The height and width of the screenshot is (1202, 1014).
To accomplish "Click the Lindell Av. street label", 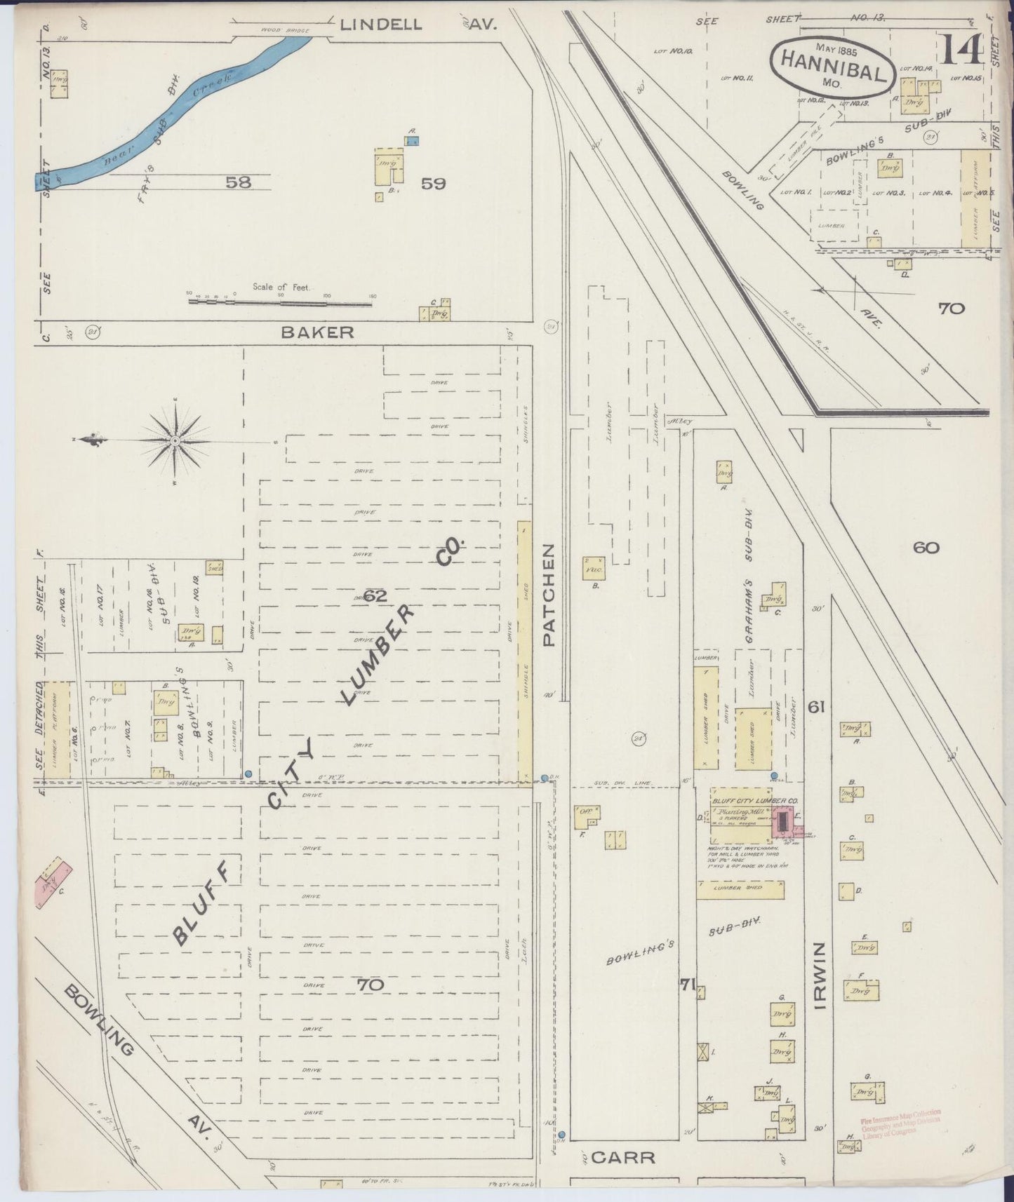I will click(418, 25).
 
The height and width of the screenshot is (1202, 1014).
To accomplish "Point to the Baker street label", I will click(317, 332).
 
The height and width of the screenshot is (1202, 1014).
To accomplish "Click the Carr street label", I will click(623, 1157).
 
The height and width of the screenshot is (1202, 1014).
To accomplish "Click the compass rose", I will click(175, 440).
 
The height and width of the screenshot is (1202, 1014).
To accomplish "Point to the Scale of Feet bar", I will click(281, 302).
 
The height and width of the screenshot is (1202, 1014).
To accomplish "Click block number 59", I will click(433, 184).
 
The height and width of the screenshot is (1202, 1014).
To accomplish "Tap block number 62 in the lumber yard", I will click(375, 596).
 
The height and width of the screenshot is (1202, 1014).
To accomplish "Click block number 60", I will click(926, 548).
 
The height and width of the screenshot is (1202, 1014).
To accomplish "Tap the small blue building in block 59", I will click(412, 141).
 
